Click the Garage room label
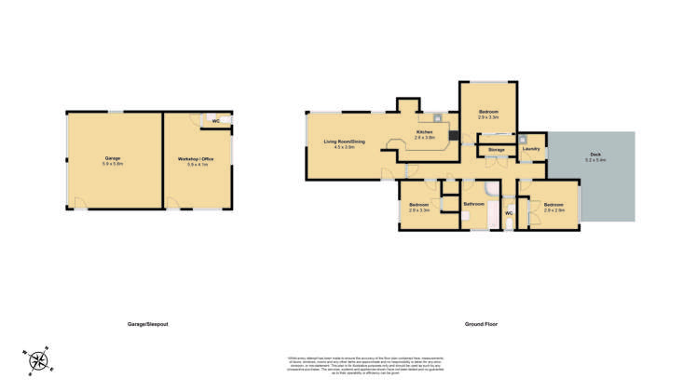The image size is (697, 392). point(113,158)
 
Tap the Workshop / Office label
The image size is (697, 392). point(196,159)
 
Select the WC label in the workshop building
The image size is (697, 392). point(215,121)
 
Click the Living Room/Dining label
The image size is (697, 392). point(344,142)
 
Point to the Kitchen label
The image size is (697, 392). point(425,133)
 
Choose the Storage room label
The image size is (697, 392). point(496,149)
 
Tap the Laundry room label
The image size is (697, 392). point(531,148)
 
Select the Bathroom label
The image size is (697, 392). point(472,202)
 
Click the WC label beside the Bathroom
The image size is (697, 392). point(509,213)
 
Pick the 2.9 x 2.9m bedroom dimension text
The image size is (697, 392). point(553,210)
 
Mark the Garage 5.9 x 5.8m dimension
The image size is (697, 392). point(113,164)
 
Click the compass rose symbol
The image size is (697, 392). point(38,359)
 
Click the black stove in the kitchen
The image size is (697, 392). point(452,138)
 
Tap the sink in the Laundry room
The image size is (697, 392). point(524,139)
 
